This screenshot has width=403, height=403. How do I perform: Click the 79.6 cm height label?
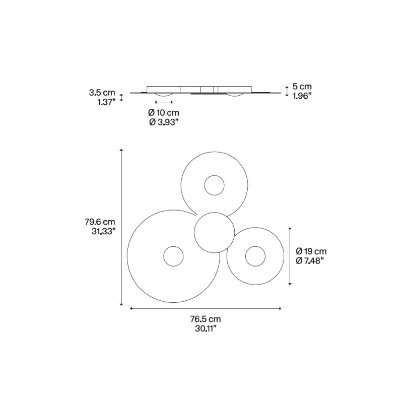(x=100, y=222)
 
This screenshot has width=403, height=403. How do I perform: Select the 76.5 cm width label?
(x=205, y=319)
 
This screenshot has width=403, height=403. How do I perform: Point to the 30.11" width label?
(x=205, y=328)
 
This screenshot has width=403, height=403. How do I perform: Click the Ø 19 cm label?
(x=311, y=251)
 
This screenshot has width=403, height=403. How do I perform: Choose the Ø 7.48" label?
(x=309, y=260)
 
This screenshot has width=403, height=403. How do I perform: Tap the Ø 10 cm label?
(x=164, y=113)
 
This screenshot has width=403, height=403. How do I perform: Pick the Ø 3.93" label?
(x=164, y=122)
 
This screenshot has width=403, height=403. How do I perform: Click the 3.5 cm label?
(x=102, y=93)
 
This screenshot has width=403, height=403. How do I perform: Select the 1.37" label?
(x=106, y=102)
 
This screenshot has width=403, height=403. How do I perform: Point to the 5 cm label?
(x=302, y=87)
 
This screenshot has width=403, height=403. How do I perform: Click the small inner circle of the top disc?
(x=214, y=185)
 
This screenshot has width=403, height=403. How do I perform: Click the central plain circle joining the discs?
(x=214, y=233)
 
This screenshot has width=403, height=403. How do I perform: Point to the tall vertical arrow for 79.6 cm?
(x=121, y=227)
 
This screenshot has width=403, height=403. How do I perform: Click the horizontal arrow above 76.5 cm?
(x=206, y=308)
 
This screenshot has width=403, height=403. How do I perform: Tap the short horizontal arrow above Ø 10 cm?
(x=164, y=102)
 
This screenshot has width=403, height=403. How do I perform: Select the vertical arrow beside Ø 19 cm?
(x=290, y=256)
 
